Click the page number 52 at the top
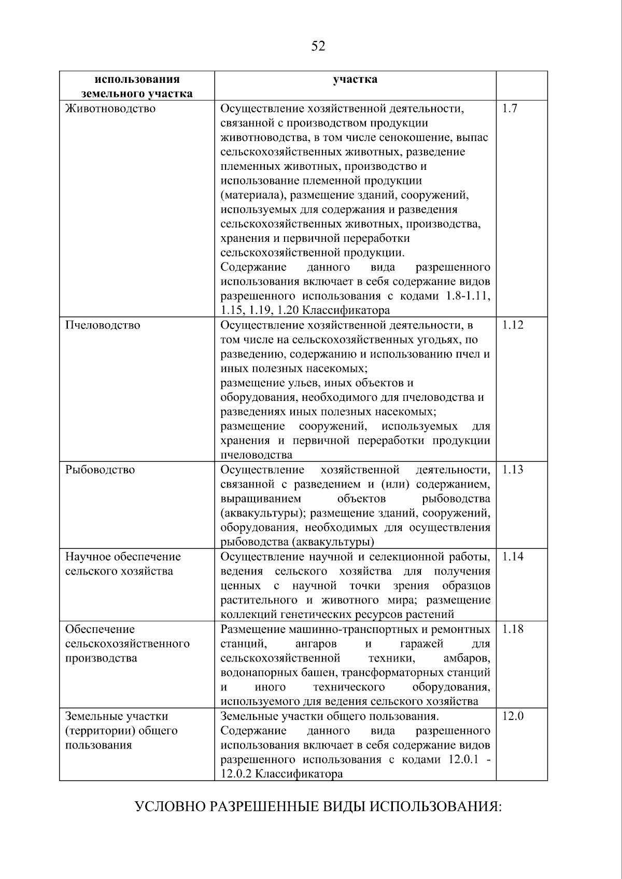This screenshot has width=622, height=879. [x=318, y=47]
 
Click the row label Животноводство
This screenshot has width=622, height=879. [x=110, y=109]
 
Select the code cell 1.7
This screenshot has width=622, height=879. [x=510, y=109]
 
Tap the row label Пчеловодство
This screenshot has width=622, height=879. [x=103, y=325]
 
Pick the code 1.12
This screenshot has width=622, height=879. [x=513, y=325]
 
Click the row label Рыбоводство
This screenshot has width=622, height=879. [x=100, y=470]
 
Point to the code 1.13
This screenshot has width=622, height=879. [x=513, y=470]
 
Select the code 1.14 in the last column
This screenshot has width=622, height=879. [x=513, y=557]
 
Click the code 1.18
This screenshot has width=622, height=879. [x=513, y=629]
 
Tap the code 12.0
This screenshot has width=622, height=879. [x=513, y=716]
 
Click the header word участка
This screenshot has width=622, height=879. [x=355, y=79]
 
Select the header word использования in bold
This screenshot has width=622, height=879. [x=137, y=79]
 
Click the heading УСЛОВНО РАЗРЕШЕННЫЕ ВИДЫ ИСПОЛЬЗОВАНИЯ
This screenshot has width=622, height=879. [x=318, y=807]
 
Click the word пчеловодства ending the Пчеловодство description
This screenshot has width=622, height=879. [x=256, y=455]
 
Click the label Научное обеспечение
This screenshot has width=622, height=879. [x=123, y=557]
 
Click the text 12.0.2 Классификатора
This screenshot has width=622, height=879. [x=282, y=774]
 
